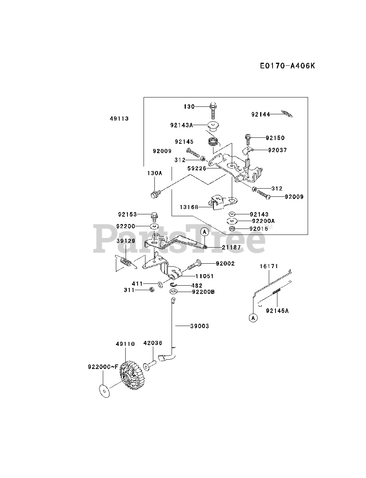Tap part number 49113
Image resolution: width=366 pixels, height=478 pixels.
pyautogui.click(x=119, y=119)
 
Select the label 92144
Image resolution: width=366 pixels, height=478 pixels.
pyautogui.click(x=260, y=114)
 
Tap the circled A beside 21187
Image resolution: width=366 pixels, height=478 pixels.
pyautogui.click(x=204, y=232)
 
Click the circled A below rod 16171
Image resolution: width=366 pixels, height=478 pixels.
pyautogui.click(x=253, y=318)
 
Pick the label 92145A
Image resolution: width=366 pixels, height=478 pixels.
pyautogui.click(x=277, y=310)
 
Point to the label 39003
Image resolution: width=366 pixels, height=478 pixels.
pyautogui.click(x=200, y=326)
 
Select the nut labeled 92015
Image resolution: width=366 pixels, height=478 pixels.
pyautogui.click(x=232, y=229)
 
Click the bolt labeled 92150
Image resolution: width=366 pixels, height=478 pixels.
pyautogui.click(x=248, y=138)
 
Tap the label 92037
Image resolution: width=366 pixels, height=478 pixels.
pyautogui.click(x=277, y=150)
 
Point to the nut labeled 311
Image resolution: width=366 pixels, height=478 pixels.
pyautogui.click(x=151, y=290)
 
